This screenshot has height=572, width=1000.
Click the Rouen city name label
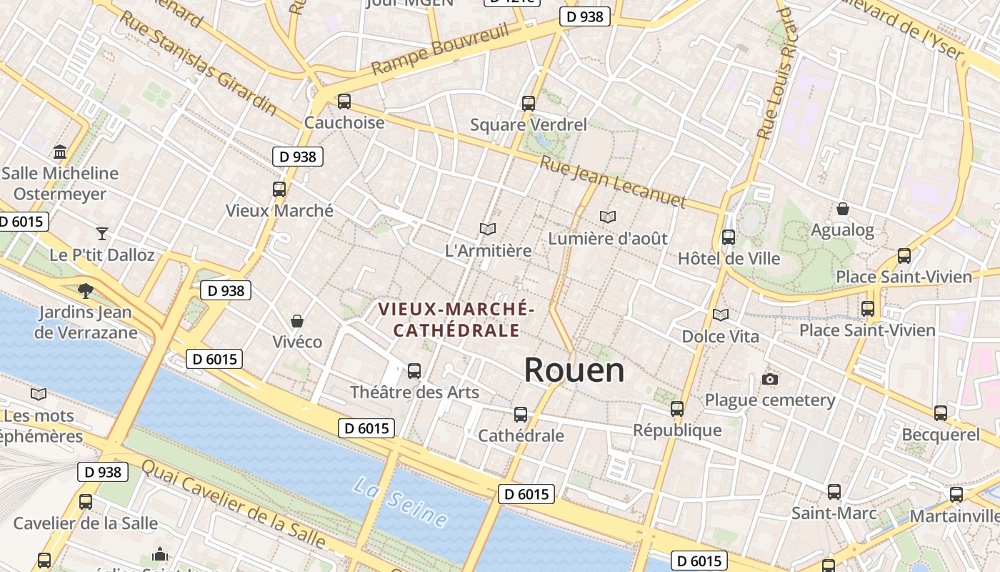click(x=574, y=370)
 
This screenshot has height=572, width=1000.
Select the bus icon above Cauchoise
click(x=344, y=102)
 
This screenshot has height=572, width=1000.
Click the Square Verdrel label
click(x=529, y=124)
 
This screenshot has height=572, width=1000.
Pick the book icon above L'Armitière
click(x=488, y=229)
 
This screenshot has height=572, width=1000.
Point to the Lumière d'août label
click(x=608, y=238)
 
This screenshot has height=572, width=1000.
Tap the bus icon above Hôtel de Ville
click(x=729, y=237)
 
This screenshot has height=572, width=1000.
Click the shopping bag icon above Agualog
click(x=843, y=209)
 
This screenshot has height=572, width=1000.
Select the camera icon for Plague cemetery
click(x=770, y=379)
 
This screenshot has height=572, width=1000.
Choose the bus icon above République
click(x=677, y=409)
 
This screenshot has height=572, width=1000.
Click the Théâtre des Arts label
click(x=414, y=392)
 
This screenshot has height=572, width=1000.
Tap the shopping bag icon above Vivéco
click(x=297, y=321)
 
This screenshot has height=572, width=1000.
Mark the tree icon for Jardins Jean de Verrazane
click(x=86, y=290)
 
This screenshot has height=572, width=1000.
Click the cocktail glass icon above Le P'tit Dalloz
click(x=102, y=233)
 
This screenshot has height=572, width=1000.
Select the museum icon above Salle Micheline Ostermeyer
click(x=60, y=152)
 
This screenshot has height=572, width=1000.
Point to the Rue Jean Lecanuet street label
click(x=612, y=182)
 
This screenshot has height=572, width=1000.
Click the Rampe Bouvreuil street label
click(x=441, y=49)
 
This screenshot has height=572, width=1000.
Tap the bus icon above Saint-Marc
click(x=834, y=492)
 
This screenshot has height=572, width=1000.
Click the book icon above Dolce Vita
click(x=721, y=315)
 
